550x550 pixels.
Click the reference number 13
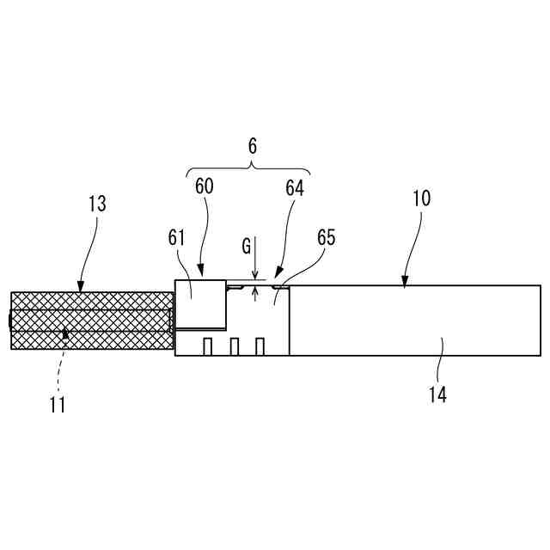pyautogui.click(x=97, y=204)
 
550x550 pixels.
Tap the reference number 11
pyautogui.click(x=58, y=403)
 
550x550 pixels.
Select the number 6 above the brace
pyautogui.click(x=253, y=146)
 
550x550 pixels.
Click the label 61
pyautogui.click(x=177, y=238)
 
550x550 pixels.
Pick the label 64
pyautogui.click(x=295, y=187)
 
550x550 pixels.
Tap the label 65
pyautogui.click(x=326, y=238)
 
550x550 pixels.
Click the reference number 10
pyautogui.click(x=421, y=198)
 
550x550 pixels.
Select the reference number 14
pyautogui.click(x=437, y=395)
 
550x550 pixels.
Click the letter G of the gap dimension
pyautogui.click(x=247, y=247)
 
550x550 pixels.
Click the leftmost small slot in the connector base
pyautogui.click(x=208, y=346)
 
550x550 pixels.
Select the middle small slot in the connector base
pyautogui.click(x=234, y=346)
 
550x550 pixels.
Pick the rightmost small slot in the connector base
pyautogui.click(x=260, y=346)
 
